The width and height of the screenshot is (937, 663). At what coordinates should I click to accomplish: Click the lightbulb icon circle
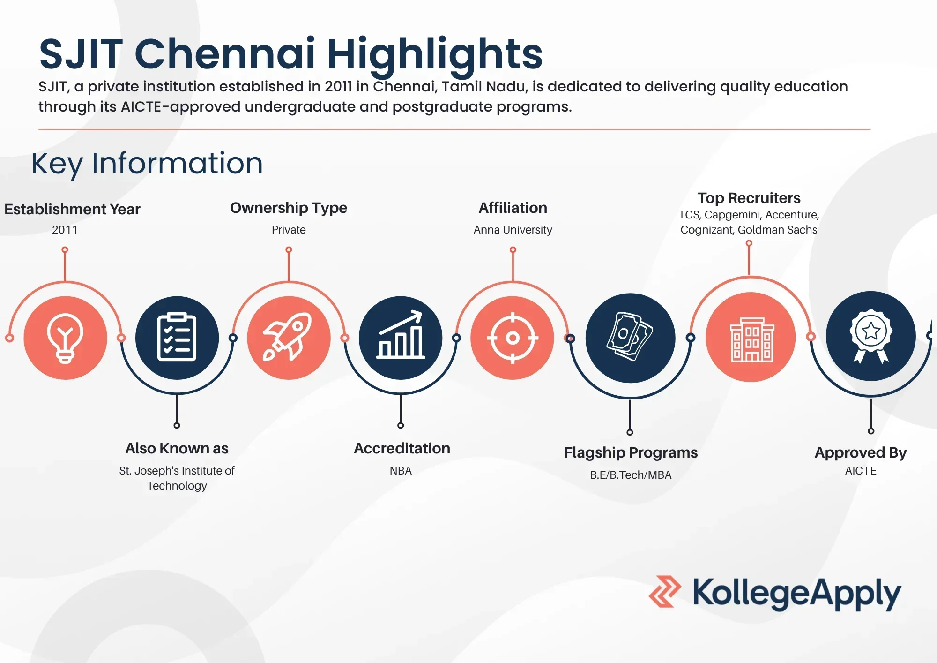pos(65,338)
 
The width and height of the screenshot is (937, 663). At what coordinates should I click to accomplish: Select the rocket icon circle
pos(289,338)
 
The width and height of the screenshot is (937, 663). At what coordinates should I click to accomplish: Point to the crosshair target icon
pos(513,338)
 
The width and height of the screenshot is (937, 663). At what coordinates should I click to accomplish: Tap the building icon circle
pos(751,337)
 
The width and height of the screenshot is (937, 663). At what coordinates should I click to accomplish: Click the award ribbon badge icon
pos(871,336)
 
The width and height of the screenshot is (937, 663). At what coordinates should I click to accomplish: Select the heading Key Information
pos(147,164)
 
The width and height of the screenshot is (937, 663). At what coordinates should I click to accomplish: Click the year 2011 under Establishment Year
pos(65,230)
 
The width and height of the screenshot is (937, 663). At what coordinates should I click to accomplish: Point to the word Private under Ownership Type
pos(289,230)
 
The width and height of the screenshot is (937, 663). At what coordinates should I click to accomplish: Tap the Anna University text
pos(513,230)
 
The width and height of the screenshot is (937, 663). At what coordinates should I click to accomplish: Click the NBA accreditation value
pos(401,471)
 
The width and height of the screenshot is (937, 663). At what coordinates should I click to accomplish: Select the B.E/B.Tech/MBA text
pos(631,475)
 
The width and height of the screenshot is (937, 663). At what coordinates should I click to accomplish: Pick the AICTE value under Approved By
pos(861,471)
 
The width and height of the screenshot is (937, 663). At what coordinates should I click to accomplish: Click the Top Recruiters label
pos(749,198)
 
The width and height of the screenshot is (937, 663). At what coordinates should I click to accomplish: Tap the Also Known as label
pos(177,448)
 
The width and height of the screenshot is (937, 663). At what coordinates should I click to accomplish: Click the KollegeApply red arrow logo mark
pos(665,592)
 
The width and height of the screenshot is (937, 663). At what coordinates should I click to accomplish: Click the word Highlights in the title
pos(435,54)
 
